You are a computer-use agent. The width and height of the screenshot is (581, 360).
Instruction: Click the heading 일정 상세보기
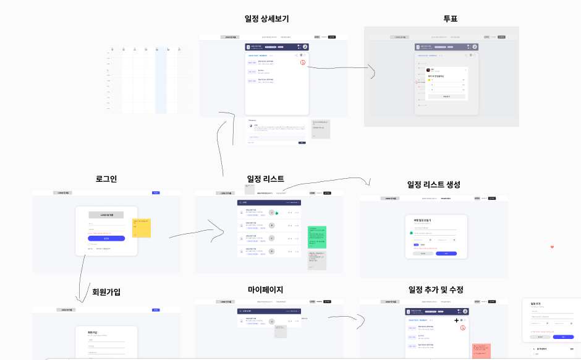(x=267, y=19)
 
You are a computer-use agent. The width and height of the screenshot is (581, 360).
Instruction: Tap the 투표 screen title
(x=450, y=19)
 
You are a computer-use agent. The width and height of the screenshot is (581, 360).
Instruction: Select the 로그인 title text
(x=106, y=179)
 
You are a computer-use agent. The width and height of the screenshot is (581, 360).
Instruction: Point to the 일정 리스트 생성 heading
(x=433, y=184)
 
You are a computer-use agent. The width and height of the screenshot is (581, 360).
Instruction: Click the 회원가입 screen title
(x=106, y=291)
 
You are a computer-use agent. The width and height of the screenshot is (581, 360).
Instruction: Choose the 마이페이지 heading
(x=265, y=289)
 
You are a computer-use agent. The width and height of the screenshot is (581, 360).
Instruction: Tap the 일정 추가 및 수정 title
(x=436, y=289)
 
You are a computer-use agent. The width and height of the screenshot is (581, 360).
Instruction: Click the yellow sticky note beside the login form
(x=142, y=228)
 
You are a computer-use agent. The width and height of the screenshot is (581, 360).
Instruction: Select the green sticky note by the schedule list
(x=316, y=237)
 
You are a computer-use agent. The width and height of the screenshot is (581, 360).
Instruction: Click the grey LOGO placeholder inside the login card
(x=106, y=215)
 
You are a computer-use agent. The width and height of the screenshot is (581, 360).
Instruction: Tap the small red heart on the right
(x=552, y=247)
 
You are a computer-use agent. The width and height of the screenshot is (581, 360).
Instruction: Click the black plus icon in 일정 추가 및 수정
(x=457, y=320)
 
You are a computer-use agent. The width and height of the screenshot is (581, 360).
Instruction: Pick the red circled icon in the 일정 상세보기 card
(x=303, y=62)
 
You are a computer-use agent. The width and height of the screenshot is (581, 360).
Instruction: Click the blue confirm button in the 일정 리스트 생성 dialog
(x=446, y=254)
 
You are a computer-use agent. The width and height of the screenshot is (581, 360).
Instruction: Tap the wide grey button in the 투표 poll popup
(x=446, y=96)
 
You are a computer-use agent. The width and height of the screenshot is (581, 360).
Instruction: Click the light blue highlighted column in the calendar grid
(x=161, y=80)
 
